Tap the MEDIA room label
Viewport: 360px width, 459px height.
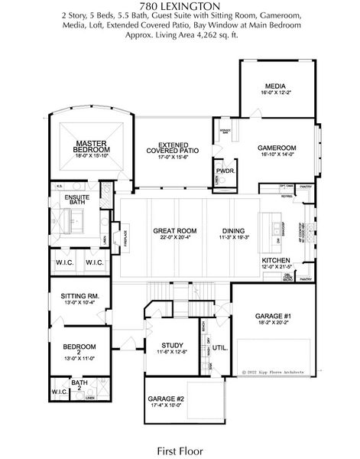[276, 86]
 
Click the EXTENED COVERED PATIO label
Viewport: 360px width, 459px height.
[174, 148]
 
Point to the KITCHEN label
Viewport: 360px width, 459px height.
[276, 260]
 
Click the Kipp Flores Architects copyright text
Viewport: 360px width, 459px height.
[274, 372]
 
